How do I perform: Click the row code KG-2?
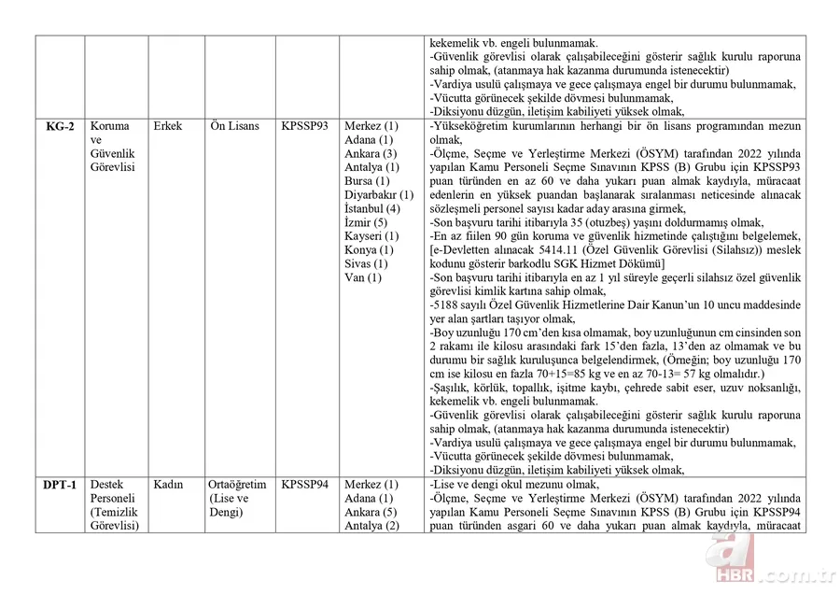(x=59, y=126)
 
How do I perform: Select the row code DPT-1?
(x=60, y=485)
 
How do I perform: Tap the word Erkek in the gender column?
(x=169, y=126)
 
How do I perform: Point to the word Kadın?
(x=168, y=485)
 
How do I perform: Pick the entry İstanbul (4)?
(x=371, y=208)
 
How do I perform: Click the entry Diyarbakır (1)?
(x=379, y=195)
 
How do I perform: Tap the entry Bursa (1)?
(x=367, y=181)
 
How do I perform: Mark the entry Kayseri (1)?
(x=371, y=236)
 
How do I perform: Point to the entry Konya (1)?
(x=369, y=250)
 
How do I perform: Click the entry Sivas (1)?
(x=367, y=263)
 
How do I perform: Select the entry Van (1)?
(x=362, y=277)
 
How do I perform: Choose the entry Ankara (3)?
(x=371, y=153)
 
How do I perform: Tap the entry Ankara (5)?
(x=371, y=512)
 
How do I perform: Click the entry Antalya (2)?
(x=371, y=526)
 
